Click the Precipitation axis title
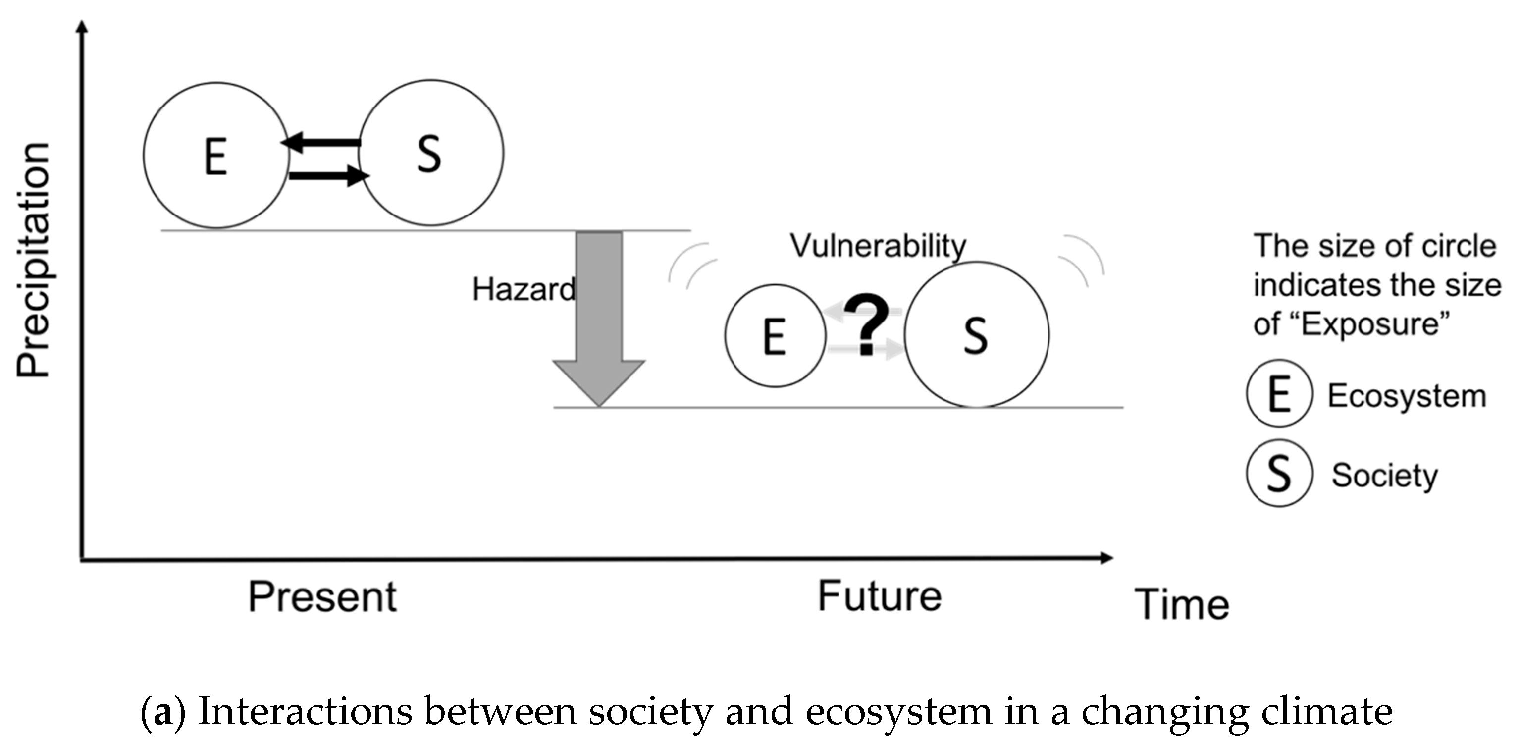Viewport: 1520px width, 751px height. (33, 260)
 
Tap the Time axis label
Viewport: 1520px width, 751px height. (1181, 604)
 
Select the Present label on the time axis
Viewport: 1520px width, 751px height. (322, 596)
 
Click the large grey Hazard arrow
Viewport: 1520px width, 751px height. (599, 319)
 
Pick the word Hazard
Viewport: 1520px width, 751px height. (524, 289)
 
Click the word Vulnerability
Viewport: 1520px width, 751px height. (878, 246)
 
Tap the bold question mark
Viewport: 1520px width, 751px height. (866, 326)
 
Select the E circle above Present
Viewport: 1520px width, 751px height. (216, 155)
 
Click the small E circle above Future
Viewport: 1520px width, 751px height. (775, 336)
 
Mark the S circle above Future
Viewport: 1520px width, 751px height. (977, 335)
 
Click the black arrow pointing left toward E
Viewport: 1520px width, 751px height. (321, 142)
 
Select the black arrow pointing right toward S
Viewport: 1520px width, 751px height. (328, 175)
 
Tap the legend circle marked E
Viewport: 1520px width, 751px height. (1279, 394)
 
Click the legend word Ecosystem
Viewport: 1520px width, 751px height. (1407, 396)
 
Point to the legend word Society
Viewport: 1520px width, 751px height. (1384, 475)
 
